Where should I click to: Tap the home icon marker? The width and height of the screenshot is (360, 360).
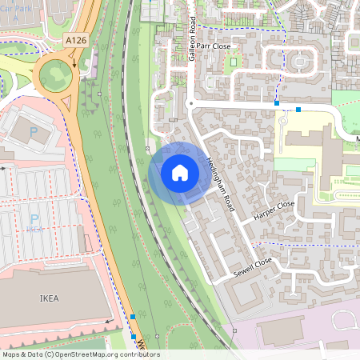pyautogui.click(x=180, y=172)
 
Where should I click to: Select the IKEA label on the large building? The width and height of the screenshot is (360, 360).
pyautogui.click(x=50, y=298)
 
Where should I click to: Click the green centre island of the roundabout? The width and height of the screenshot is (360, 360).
pyautogui.click(x=54, y=77)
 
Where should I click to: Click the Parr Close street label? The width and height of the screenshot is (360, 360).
pyautogui.click(x=214, y=46)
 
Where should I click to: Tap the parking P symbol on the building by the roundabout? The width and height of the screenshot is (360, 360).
pyautogui.click(x=34, y=132)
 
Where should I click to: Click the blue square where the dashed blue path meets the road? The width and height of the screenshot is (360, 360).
pyautogui.click(x=277, y=103)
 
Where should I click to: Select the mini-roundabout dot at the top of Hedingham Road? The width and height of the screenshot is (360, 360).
pyautogui.click(x=190, y=103)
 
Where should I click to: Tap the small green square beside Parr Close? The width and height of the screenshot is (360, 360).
pyautogui.click(x=233, y=60)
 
